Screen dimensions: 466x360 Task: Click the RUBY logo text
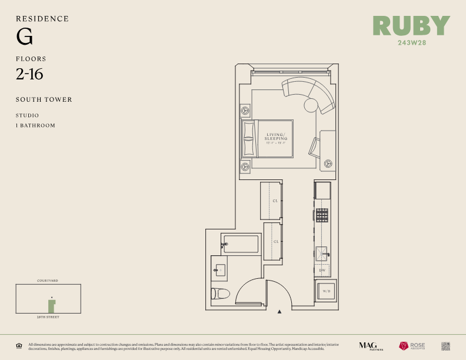pyautogui.click(x=411, y=26)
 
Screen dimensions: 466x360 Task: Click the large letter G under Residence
pyautogui.click(x=24, y=38)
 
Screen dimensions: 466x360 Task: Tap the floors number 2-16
pyautogui.click(x=29, y=74)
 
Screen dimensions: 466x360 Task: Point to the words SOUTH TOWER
pyautogui.click(x=44, y=99)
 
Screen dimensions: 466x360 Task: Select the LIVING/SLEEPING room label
pyautogui.click(x=276, y=137)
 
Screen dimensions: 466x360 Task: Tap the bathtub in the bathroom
pyautogui.click(x=241, y=244)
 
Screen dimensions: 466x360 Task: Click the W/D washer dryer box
pyautogui.click(x=325, y=291)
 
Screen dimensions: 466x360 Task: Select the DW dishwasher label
pyautogui.click(x=322, y=270)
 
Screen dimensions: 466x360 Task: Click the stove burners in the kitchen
pyautogui.click(x=322, y=215)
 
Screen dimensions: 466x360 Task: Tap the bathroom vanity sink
pyautogui.click(x=221, y=270)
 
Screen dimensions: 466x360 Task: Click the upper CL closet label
pyautogui.click(x=275, y=201)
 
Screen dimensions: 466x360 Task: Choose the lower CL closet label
pyautogui.click(x=275, y=241)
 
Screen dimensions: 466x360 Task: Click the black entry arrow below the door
pyautogui.click(x=280, y=311)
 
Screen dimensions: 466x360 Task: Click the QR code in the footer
pyautogui.click(x=445, y=346)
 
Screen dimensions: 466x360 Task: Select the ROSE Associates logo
pyautogui.click(x=412, y=346)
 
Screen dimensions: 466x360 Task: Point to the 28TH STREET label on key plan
pyautogui.click(x=48, y=317)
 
